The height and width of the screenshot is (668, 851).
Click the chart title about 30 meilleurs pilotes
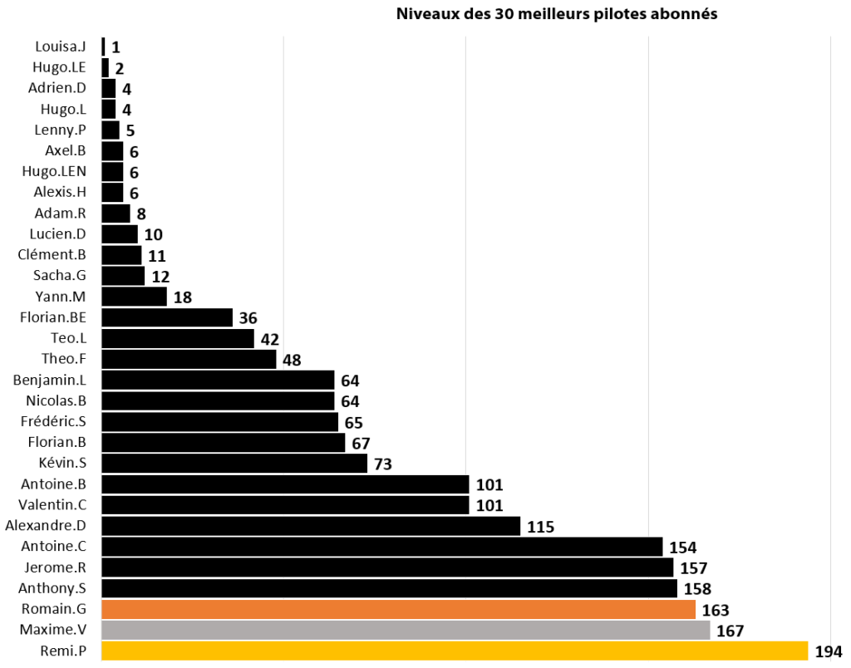pyautogui.click(x=556, y=14)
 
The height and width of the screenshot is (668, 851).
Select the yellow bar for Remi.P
pyautogui.click(x=454, y=651)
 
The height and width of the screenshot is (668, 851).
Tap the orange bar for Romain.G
pyautogui.click(x=398, y=609)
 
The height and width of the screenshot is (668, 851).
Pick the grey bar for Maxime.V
pyautogui.click(x=406, y=630)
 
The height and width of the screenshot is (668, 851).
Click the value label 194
pyautogui.click(x=829, y=651)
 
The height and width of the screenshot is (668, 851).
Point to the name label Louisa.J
pyautogui.click(x=61, y=47)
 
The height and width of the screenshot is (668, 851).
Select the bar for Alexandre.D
pyautogui.click(x=311, y=526)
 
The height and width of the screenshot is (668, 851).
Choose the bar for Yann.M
pyautogui.click(x=134, y=297)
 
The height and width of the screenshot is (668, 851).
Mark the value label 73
pyautogui.click(x=383, y=464)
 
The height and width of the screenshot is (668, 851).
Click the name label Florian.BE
pyautogui.click(x=53, y=317)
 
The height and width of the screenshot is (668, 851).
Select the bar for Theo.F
pyautogui.click(x=189, y=359)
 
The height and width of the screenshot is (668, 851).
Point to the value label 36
pyautogui.click(x=248, y=317)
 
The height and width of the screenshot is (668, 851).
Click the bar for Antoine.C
pyautogui.click(x=381, y=547)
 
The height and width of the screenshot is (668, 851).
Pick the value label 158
pyautogui.click(x=697, y=588)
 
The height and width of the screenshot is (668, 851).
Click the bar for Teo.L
pyautogui.click(x=177, y=338)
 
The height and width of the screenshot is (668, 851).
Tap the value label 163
pyautogui.click(x=716, y=610)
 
